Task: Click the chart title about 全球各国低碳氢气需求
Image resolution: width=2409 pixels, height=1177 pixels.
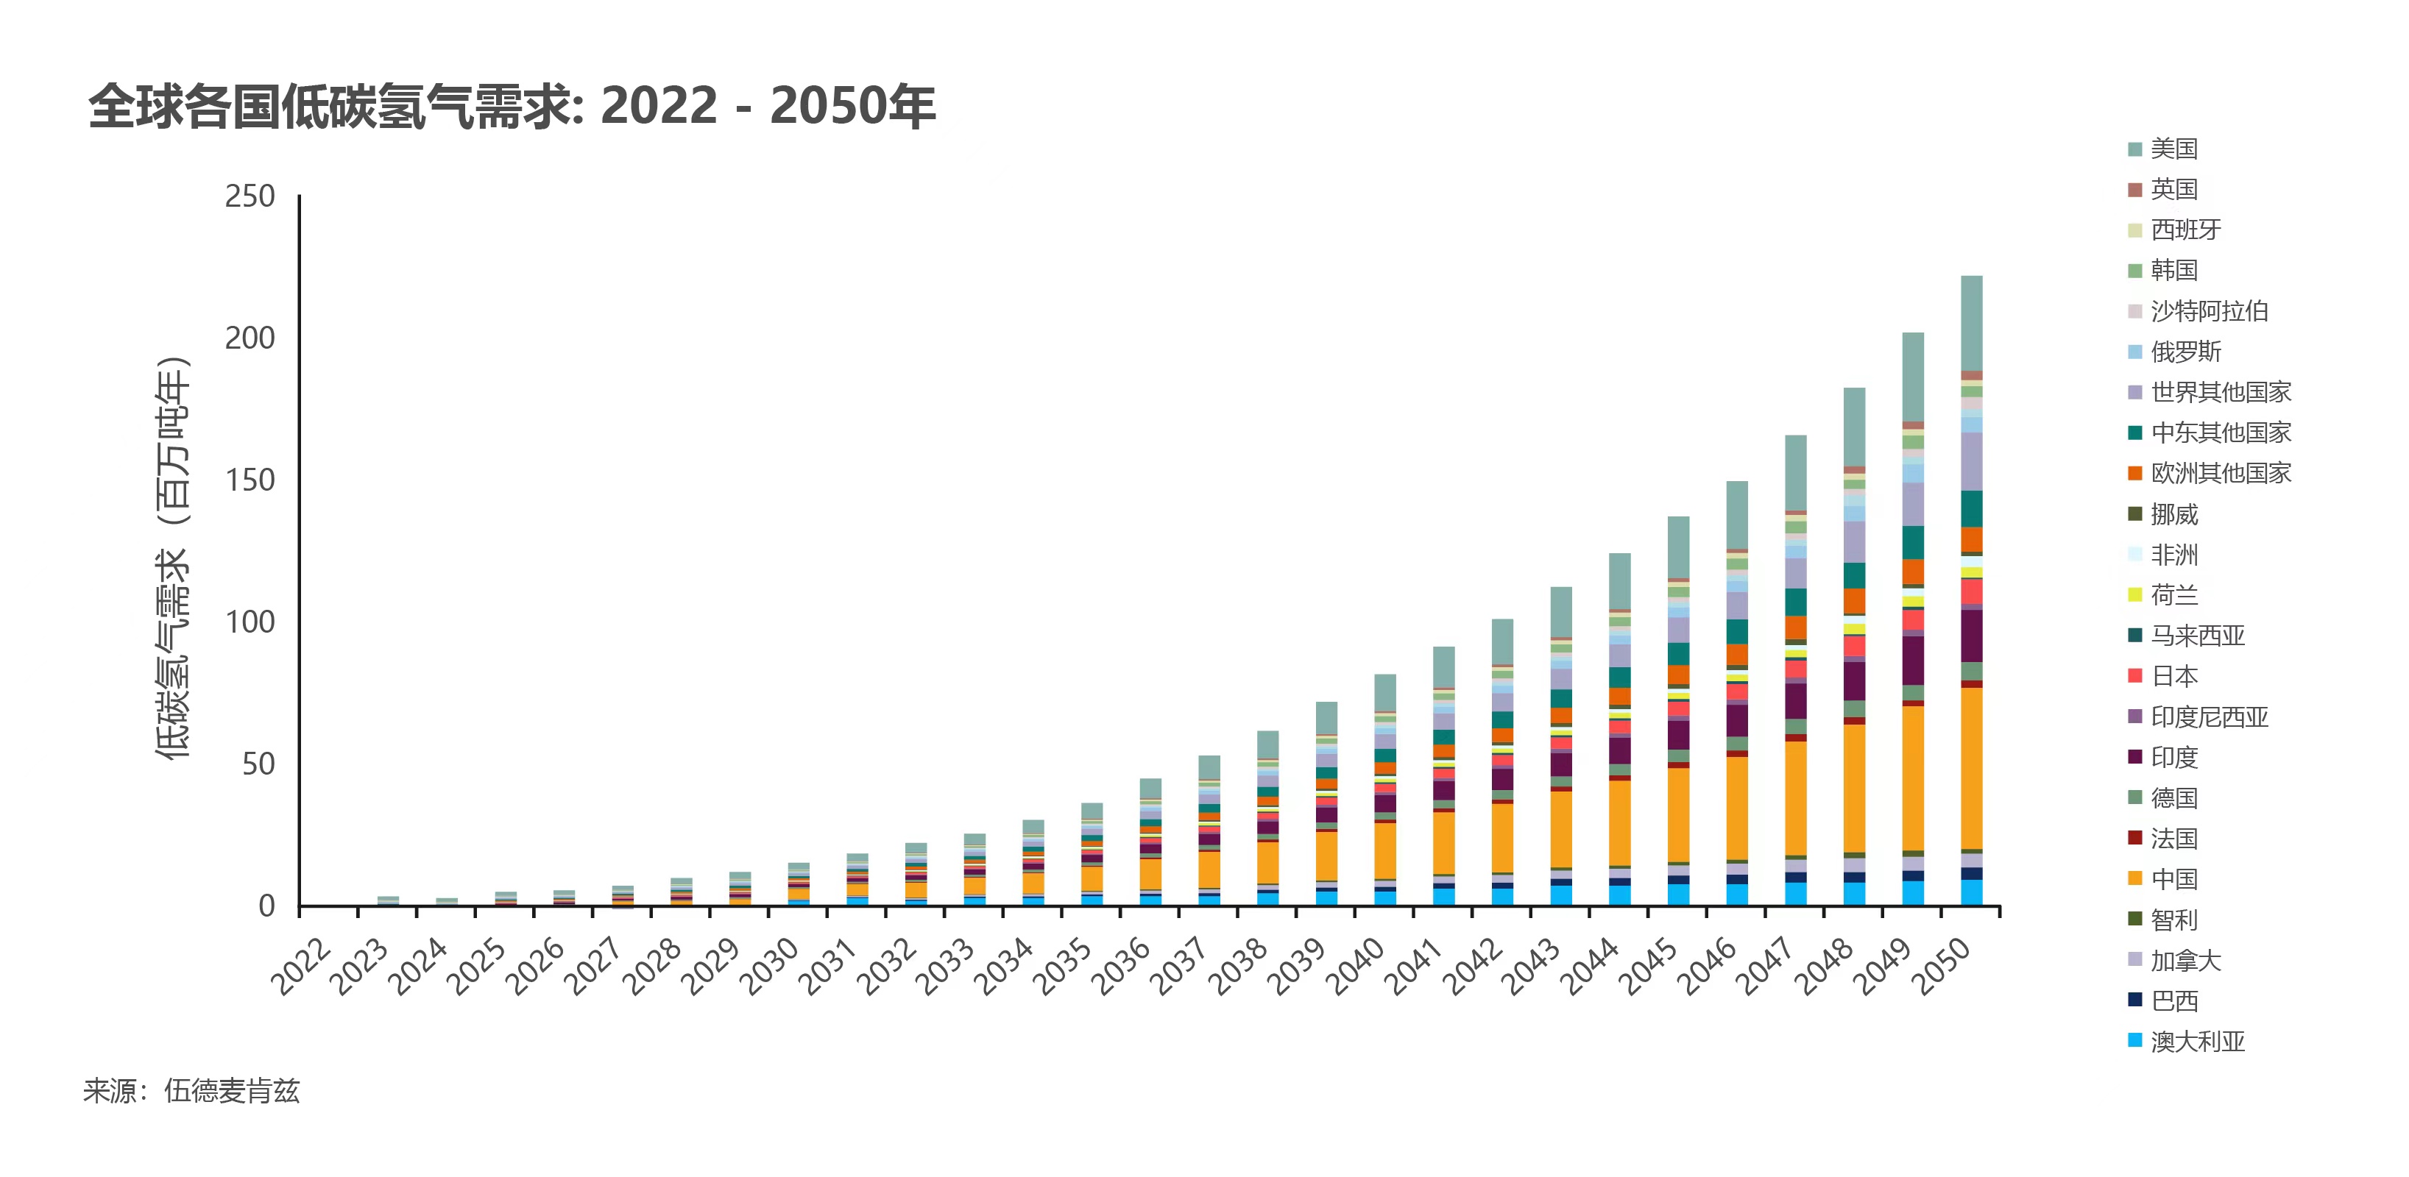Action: click(512, 106)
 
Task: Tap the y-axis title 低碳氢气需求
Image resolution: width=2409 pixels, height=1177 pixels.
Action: click(173, 558)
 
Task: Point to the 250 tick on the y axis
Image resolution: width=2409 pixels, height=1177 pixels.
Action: click(250, 196)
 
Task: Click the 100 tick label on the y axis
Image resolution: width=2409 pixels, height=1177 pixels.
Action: click(250, 622)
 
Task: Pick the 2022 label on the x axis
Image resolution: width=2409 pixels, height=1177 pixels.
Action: click(301, 966)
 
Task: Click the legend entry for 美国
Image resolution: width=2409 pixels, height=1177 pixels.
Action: click(2173, 149)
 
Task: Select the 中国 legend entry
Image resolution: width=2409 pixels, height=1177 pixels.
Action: click(2173, 879)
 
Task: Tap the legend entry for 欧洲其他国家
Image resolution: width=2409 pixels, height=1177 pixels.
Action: click(2220, 473)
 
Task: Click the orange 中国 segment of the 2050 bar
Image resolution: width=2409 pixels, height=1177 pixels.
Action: click(1971, 767)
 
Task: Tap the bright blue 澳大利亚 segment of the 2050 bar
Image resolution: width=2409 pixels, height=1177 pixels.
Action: click(1971, 892)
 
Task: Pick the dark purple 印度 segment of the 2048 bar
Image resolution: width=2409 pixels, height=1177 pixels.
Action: click(1855, 680)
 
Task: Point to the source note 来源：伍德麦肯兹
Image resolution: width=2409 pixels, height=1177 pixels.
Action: click(191, 1091)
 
